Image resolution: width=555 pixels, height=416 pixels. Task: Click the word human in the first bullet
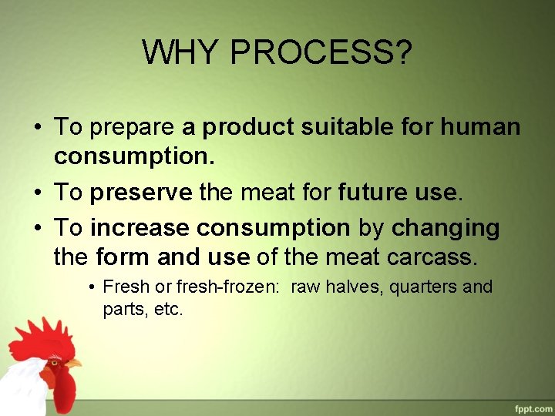(x=481, y=127)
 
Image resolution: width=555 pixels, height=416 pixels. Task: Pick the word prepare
(x=133, y=128)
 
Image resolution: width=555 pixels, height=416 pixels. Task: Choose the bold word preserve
(x=141, y=192)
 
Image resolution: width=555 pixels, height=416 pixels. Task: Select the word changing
(x=446, y=228)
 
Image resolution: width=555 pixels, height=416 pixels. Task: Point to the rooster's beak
(x=73, y=362)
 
